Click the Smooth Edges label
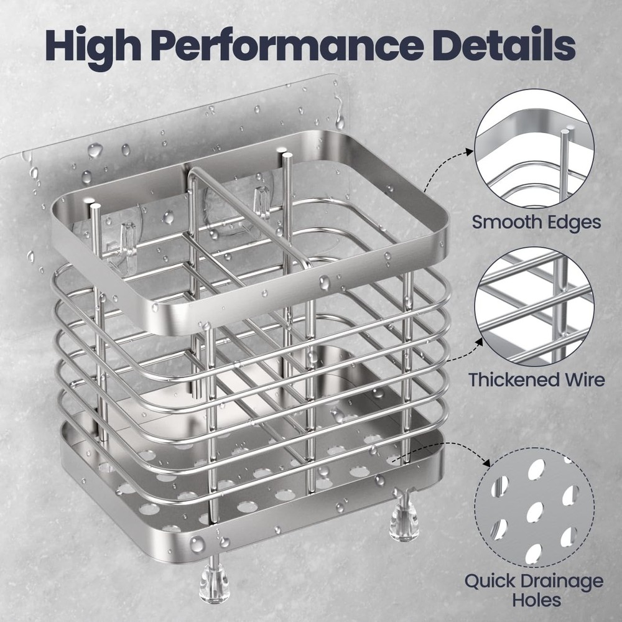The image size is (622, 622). pyautogui.click(x=536, y=222)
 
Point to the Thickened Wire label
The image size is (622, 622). pyautogui.click(x=537, y=379)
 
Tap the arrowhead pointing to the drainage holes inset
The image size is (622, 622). pyautogui.click(x=488, y=464)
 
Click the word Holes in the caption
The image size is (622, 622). pyautogui.click(x=534, y=601)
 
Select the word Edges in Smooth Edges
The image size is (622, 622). pyautogui.click(x=570, y=222)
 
